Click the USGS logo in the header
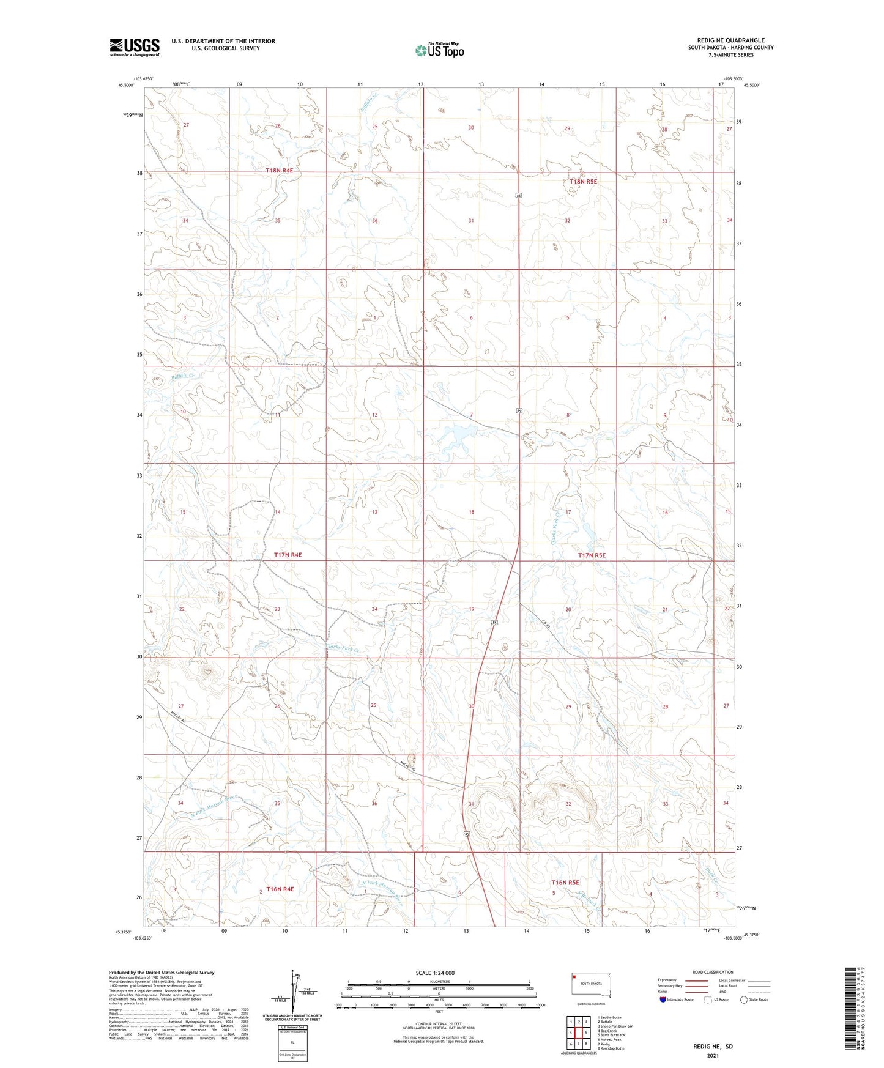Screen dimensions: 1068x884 135,47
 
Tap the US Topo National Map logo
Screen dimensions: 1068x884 439,50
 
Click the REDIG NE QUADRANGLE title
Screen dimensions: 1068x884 730,40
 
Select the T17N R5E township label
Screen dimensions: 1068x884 592,555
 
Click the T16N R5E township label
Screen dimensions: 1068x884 565,883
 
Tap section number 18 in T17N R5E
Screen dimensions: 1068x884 471,512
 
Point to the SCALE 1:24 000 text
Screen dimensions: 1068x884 434,973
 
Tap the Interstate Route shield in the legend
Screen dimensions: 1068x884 663,1000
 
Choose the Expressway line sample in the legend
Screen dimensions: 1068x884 697,980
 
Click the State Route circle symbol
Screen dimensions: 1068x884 743,1000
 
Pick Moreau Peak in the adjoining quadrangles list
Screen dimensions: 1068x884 609,1039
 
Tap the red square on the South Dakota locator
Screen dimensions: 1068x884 575,977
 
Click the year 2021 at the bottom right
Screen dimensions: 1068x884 713,1056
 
